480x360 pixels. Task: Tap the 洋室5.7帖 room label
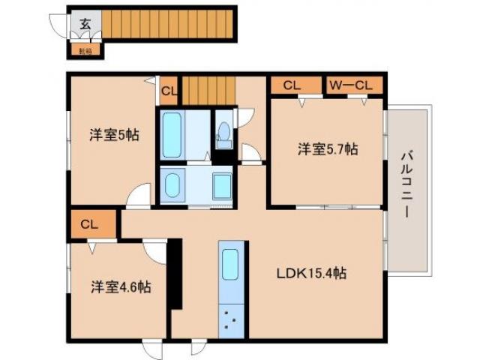point(327,149)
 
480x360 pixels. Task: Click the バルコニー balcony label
point(407,184)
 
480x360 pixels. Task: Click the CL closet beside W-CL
point(292,85)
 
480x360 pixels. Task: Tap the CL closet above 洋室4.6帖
point(89,223)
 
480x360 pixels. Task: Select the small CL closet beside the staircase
point(169,91)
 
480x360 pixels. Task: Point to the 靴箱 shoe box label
point(85,51)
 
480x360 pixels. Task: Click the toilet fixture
point(223,136)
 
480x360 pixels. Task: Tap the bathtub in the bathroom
point(172,135)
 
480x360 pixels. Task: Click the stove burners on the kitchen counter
point(231,323)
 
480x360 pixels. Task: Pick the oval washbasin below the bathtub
point(174,184)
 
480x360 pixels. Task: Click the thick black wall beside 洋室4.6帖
point(175,273)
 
